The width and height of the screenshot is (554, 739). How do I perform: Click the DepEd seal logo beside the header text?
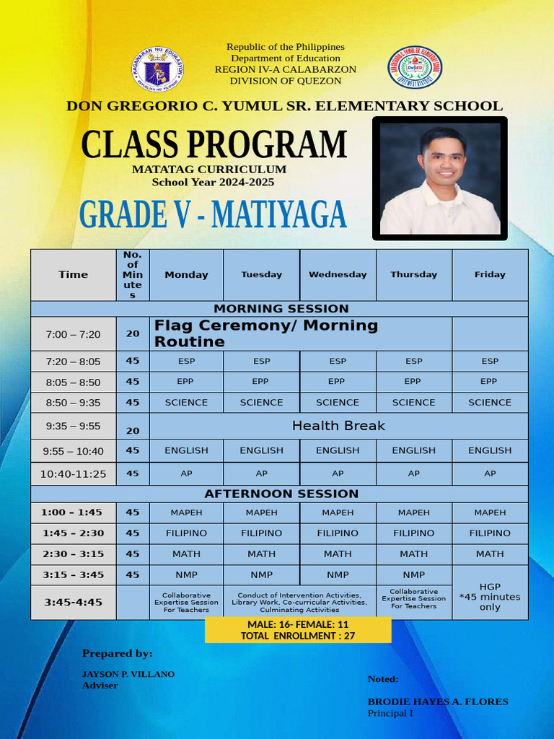[x=157, y=71]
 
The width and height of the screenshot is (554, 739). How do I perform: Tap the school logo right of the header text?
[x=415, y=68]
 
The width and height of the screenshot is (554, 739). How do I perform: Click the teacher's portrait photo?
[x=440, y=178]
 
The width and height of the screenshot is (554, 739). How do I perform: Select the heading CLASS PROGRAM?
[x=214, y=144]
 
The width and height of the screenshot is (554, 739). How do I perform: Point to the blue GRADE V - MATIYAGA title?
[x=213, y=215]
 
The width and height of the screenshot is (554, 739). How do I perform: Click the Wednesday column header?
[x=338, y=275]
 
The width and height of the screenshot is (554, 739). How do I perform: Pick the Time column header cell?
[x=74, y=275]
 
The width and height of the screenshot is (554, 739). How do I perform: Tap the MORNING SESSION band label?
[x=281, y=309]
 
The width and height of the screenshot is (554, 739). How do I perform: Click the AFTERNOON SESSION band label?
[x=281, y=494]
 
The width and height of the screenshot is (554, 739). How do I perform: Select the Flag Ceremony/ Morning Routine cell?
[x=266, y=333]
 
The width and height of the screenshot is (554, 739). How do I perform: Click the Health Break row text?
[x=338, y=426]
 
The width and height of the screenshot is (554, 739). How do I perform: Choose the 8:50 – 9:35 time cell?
[x=74, y=403]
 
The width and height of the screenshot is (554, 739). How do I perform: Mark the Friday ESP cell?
[x=490, y=362]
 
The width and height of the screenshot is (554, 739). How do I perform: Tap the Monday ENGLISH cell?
[x=186, y=450]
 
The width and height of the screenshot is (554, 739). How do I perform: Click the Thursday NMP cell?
[x=413, y=575]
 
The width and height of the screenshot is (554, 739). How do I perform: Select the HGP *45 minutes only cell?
[x=490, y=597]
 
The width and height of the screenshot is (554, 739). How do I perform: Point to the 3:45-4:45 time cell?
[x=74, y=602]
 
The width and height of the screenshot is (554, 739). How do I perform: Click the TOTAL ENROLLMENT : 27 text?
[x=298, y=636]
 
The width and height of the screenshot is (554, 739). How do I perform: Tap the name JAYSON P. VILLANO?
[x=128, y=674]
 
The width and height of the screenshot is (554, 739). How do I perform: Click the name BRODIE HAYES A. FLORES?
[x=438, y=701]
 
